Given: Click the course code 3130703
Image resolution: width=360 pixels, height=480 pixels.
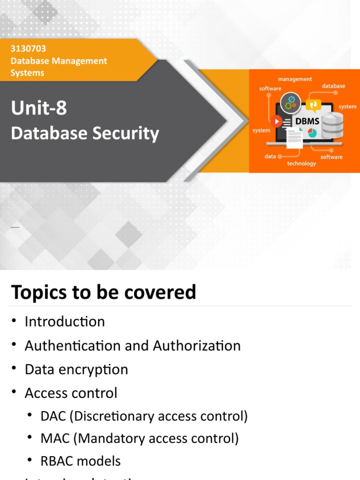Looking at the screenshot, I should coord(28,49).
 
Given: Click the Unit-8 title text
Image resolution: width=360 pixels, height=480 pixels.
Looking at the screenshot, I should coord(39,108).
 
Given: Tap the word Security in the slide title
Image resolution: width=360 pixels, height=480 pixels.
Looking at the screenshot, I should coord(126,133).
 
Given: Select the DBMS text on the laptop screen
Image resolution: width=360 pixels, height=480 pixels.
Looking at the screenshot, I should coord(307,121).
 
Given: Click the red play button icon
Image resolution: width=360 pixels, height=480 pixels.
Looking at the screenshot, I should coord(277,121).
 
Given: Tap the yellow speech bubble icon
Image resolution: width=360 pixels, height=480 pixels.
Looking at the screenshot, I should coord(313,105).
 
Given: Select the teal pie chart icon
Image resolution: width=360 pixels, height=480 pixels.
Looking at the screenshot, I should coord(312,133).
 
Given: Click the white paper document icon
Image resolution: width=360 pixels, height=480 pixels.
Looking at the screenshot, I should coord(294,138).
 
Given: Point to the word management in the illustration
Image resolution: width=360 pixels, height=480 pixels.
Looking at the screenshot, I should coord(295,79).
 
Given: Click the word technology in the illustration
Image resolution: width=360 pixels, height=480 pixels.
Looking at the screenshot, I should coord(301,164).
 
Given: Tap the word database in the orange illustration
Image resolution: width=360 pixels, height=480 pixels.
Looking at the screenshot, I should coord(333,86).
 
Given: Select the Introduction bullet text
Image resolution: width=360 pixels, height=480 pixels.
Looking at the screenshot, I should coord(65,322).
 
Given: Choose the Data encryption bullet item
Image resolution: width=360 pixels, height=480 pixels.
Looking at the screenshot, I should coord(76,369).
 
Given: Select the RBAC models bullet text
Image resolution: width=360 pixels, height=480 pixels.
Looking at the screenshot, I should coord(80,461).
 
